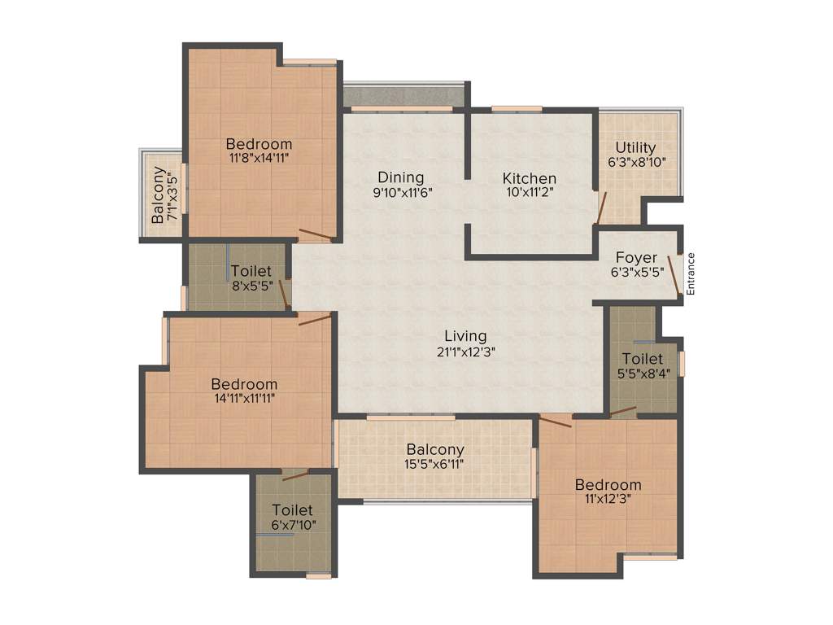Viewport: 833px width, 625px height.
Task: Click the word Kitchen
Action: (529, 178)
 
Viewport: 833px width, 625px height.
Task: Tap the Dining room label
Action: (400, 177)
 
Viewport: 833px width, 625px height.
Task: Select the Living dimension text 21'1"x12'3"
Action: (465, 352)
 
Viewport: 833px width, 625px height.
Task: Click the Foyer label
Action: (635, 258)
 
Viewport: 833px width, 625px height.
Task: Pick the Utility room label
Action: (635, 147)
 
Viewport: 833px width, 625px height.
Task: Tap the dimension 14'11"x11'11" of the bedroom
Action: (244, 399)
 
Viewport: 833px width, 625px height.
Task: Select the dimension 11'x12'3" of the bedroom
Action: (607, 499)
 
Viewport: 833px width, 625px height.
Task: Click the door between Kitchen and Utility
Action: (600, 208)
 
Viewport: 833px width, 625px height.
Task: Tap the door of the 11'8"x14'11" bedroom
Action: (315, 235)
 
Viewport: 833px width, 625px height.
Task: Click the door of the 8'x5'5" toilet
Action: (285, 293)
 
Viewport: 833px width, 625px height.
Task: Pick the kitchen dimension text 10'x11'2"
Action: (529, 193)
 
